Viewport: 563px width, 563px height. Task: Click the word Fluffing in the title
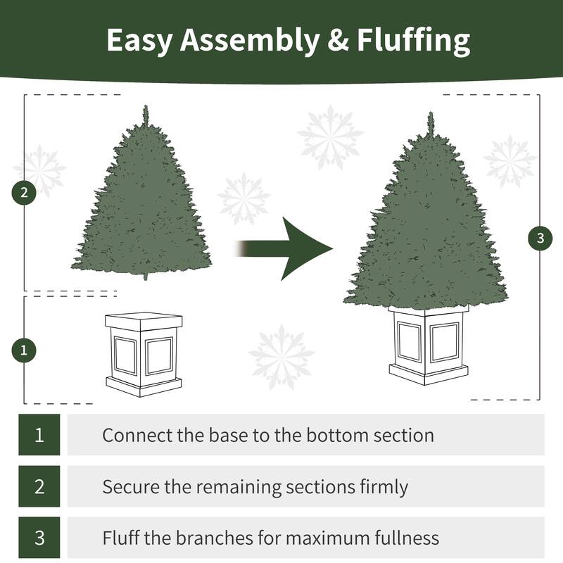[x=413, y=41]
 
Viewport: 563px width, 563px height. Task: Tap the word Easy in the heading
[x=140, y=41]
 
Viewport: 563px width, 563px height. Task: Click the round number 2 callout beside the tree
[x=25, y=193]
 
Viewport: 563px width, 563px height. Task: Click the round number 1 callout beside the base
[x=25, y=350]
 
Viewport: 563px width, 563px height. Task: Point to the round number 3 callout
[x=540, y=238]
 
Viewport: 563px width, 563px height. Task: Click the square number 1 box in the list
[x=39, y=435]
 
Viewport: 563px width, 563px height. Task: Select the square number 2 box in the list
[x=39, y=486]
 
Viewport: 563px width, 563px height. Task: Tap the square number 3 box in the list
[x=39, y=538]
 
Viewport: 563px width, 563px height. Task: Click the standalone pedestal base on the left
[x=144, y=354]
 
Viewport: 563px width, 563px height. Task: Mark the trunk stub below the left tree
[x=146, y=276]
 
